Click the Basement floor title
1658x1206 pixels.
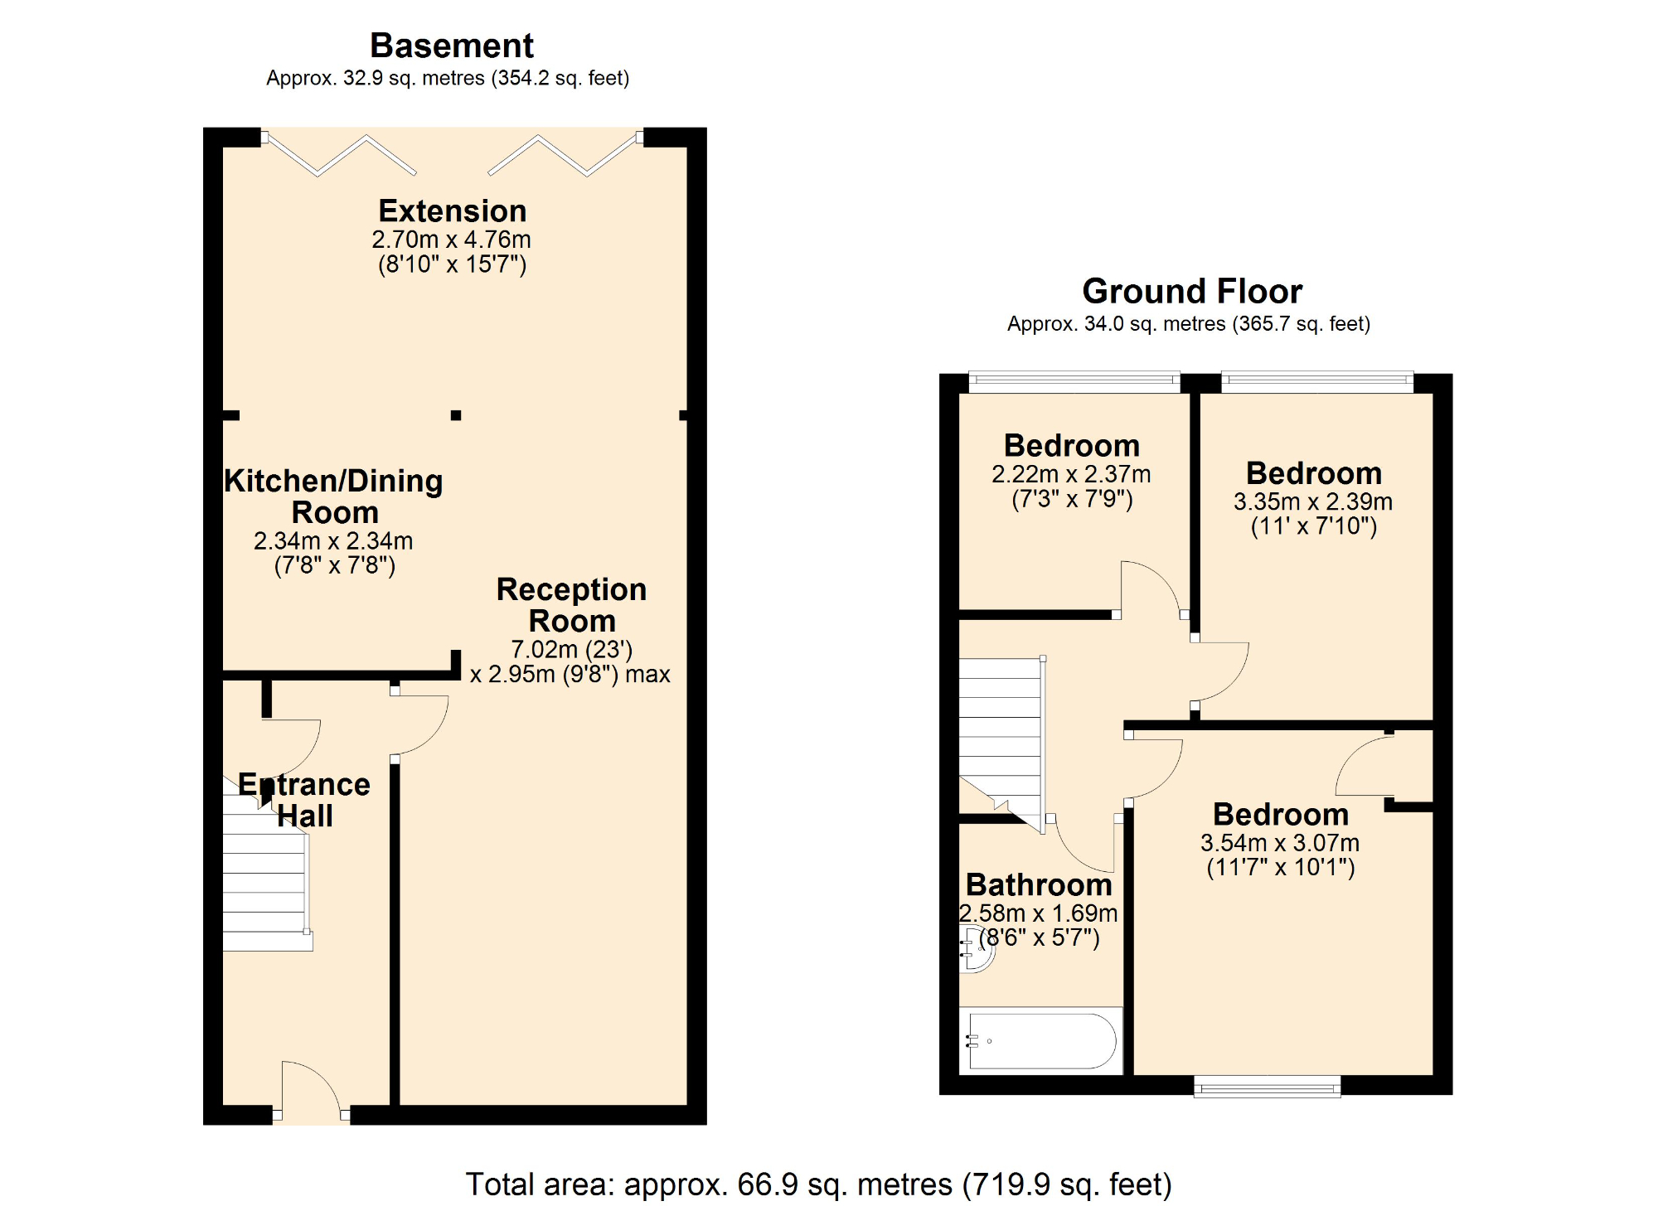pyautogui.click(x=452, y=46)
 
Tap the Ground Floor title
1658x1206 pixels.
pyautogui.click(x=1192, y=292)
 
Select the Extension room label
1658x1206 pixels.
pyautogui.click(x=453, y=211)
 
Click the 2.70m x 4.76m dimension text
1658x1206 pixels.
pyautogui.click(x=452, y=240)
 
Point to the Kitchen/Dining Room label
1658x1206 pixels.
pyautogui.click(x=334, y=496)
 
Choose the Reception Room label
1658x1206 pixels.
pyautogui.click(x=572, y=605)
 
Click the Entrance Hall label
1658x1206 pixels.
pyautogui.click(x=304, y=800)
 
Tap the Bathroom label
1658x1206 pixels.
pyautogui.click(x=1039, y=885)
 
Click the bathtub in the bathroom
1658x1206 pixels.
pyautogui.click(x=1041, y=1040)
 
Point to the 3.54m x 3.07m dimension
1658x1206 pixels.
pyautogui.click(x=1280, y=843)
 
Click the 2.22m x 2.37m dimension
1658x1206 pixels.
pyautogui.click(x=1071, y=474)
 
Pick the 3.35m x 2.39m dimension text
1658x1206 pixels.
pyautogui.click(x=1313, y=501)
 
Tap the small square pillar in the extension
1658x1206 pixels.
pyautogui.click(x=456, y=415)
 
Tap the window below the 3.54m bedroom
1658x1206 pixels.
pyautogui.click(x=1267, y=1087)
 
